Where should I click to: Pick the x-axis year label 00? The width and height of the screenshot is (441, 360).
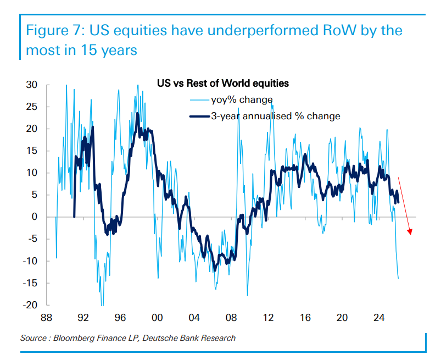pyautogui.click(x=157, y=318)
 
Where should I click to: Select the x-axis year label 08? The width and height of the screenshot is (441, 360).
pyautogui.click(x=231, y=318)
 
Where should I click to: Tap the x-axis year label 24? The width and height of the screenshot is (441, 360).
pyautogui.click(x=379, y=318)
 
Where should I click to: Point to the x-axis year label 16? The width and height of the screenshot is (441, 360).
pyautogui.click(x=305, y=318)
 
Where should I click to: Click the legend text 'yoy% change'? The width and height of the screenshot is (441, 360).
pyautogui.click(x=242, y=100)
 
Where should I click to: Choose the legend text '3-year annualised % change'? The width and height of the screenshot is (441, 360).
pyautogui.click(x=275, y=116)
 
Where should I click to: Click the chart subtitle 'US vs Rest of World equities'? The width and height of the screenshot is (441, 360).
pyautogui.click(x=223, y=84)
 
